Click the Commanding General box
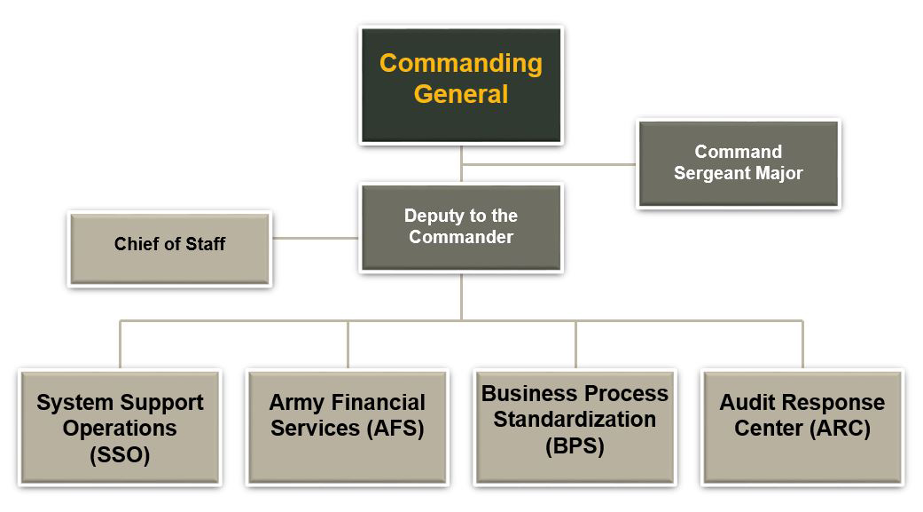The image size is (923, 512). [x=461, y=84]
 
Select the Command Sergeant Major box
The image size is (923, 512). [x=738, y=164]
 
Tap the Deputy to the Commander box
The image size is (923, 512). [x=461, y=227]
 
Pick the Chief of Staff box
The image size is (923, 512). [x=169, y=248]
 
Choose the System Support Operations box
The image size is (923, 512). [x=120, y=428]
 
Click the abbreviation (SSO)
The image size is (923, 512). [x=120, y=456]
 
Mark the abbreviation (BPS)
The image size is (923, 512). [x=575, y=446]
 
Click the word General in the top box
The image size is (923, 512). [x=461, y=94]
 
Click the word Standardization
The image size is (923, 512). [x=575, y=419]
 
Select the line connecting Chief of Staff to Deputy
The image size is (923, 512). [x=315, y=238]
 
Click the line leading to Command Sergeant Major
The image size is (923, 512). [x=550, y=164]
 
